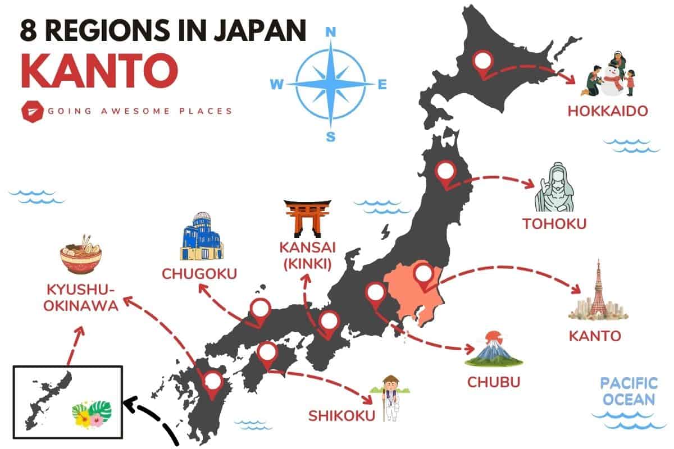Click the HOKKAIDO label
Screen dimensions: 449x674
pos(608,111)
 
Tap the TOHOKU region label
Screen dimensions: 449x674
pos(554,224)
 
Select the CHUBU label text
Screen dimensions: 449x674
pos(494,382)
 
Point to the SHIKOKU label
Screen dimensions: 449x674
pos(341,416)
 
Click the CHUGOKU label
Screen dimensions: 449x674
pos(199,274)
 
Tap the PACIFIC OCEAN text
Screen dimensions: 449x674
pos(629,392)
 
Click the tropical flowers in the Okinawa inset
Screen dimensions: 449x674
pos(92,414)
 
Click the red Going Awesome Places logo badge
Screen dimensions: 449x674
pos(30,111)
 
